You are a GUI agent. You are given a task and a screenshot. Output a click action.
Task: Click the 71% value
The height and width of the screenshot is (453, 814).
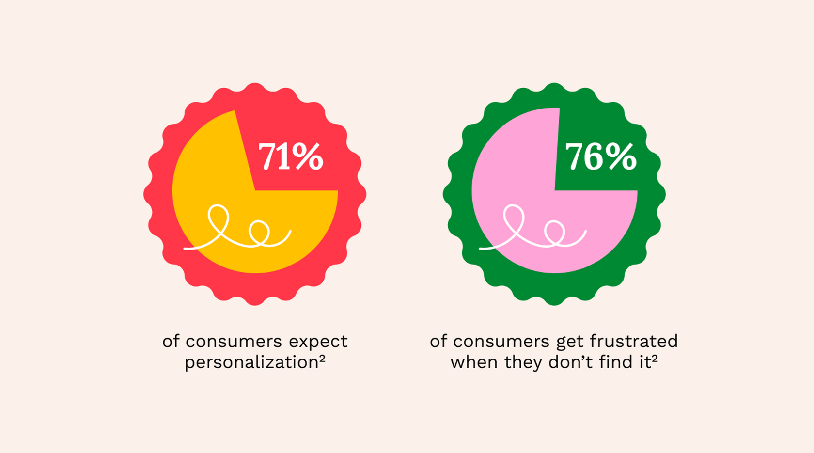click(290, 156)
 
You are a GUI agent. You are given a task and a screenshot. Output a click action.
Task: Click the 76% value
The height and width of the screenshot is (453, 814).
click(601, 156)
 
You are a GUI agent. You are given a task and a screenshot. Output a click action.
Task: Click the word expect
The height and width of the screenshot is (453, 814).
click(318, 342)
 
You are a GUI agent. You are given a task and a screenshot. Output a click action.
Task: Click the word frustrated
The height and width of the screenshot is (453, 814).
click(634, 341)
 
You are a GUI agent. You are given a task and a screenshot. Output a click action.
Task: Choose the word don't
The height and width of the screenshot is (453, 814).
click(571, 362)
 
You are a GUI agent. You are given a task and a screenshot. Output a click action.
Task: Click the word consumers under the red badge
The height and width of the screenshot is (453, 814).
click(234, 342)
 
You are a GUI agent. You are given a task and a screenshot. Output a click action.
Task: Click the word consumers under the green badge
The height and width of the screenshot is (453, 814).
click(501, 342)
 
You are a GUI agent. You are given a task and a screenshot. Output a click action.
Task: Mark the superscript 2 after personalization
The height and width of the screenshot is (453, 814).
click(322, 359)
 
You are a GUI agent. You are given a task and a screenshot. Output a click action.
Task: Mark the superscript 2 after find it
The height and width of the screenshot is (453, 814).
click(655, 359)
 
